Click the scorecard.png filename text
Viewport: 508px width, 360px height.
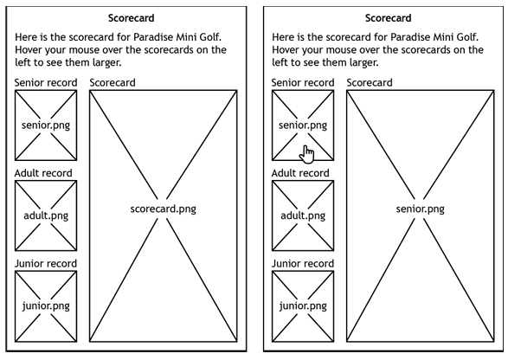[x=164, y=209]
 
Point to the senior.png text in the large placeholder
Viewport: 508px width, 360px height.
[x=420, y=209]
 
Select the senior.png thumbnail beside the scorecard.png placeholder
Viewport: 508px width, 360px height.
[x=46, y=125]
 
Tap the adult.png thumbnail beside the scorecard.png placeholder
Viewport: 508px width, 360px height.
[x=46, y=215]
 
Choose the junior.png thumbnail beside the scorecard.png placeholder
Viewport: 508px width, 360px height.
[x=46, y=305]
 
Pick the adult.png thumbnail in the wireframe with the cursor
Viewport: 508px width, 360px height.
[x=303, y=215]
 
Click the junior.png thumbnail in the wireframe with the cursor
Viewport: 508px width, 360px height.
[x=303, y=305]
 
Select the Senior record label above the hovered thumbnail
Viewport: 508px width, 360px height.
[x=303, y=83]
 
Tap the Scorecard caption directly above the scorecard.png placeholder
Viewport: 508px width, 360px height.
[x=113, y=83]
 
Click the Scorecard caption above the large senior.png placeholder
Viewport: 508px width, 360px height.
[x=370, y=83]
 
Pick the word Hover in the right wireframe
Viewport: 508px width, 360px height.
[x=287, y=50]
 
